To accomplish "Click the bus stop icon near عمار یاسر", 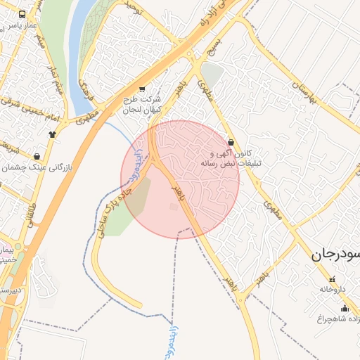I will click(22, 14).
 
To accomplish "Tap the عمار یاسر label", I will click(22, 26).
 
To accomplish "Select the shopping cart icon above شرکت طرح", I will click(142, 89).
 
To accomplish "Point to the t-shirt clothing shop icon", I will click(52, 133).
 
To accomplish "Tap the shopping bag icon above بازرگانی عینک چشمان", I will click(37, 156).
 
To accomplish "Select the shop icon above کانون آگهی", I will click(231, 141).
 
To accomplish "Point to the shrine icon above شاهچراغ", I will click(345, 308).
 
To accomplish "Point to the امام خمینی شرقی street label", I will click(18, 105).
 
